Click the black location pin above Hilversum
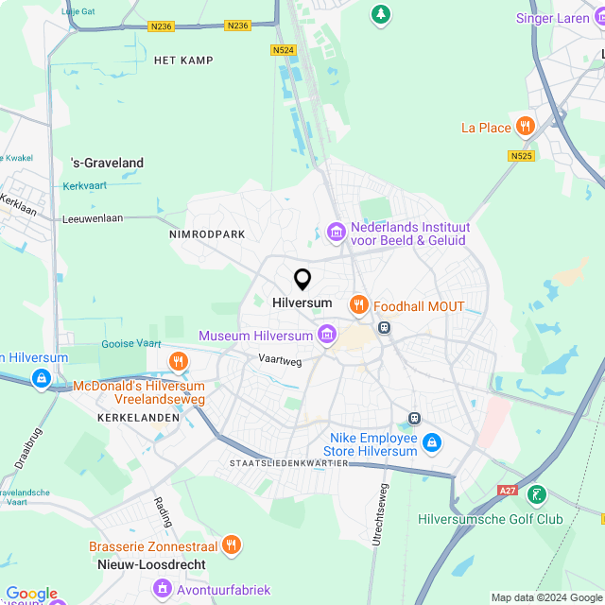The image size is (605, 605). click(x=302, y=279)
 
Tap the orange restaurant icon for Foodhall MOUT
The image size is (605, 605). click(x=358, y=304)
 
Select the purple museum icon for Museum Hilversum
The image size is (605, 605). click(x=327, y=335)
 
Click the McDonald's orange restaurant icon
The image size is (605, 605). click(x=178, y=361)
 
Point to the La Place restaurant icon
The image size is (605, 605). click(x=526, y=127)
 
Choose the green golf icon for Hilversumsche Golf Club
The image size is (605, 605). click(x=537, y=494)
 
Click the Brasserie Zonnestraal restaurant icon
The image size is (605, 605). click(x=232, y=544)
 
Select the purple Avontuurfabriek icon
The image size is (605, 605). click(x=162, y=589)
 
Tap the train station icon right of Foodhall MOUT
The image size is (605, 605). click(x=384, y=327)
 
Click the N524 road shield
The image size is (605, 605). click(x=282, y=50)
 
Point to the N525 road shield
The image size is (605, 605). click(x=521, y=156)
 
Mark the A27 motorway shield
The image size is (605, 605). click(x=507, y=490)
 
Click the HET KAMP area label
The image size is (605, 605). click(x=183, y=60)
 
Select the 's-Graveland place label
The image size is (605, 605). click(x=108, y=163)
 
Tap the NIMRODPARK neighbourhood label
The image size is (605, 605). click(x=207, y=233)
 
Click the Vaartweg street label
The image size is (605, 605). click(x=280, y=359)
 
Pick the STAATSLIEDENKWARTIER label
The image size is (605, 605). click(x=288, y=463)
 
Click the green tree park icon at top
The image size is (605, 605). click(x=380, y=13)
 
